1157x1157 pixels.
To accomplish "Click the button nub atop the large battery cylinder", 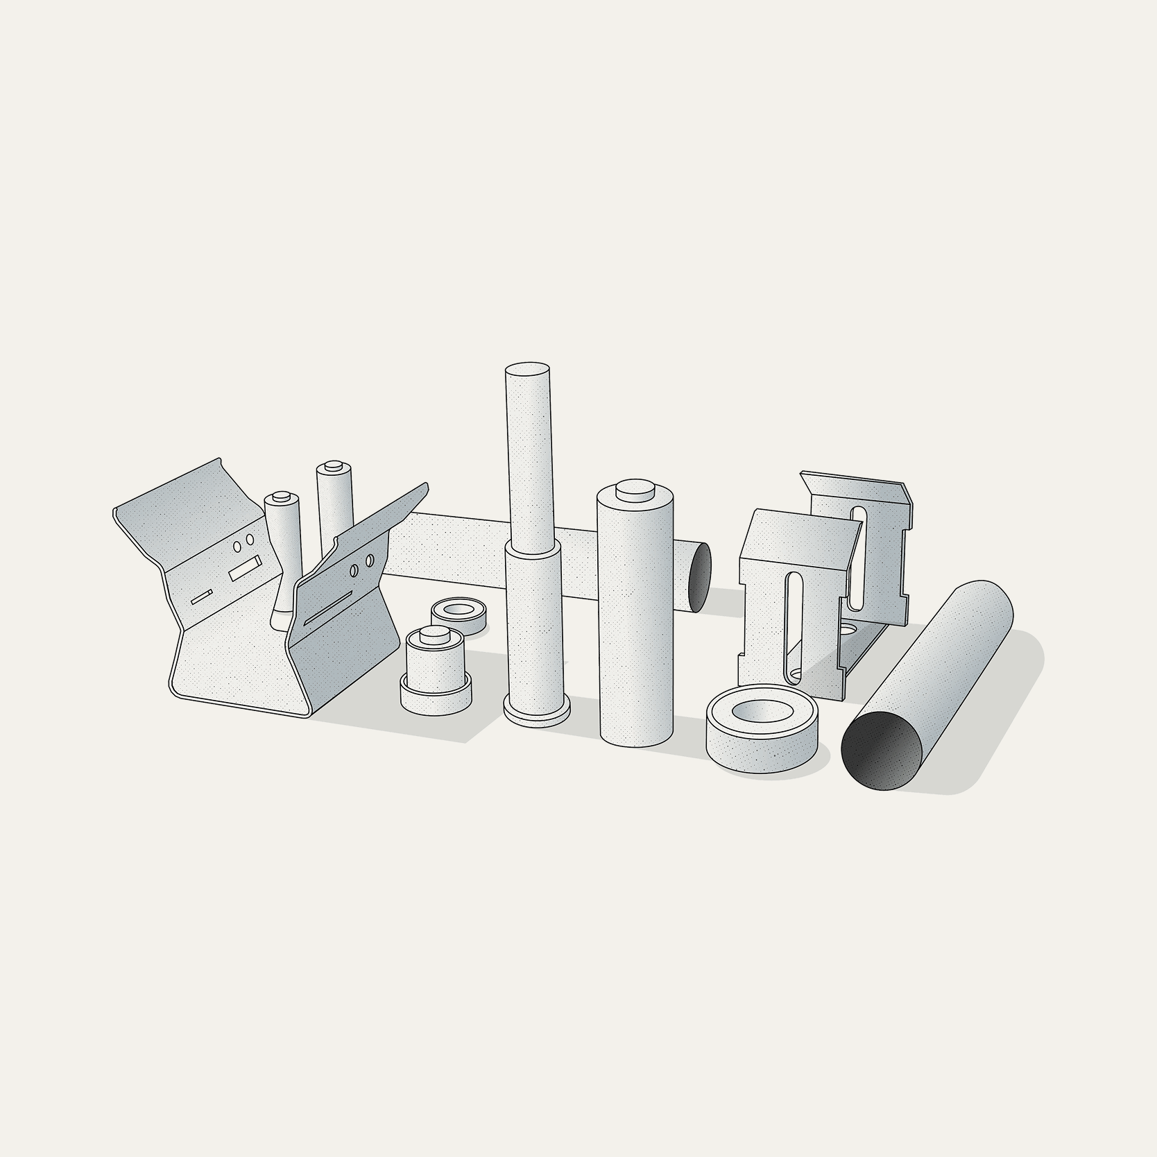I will [635, 489].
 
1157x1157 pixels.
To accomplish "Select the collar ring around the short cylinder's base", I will [437, 694].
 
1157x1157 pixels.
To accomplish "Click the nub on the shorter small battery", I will [281, 497].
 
